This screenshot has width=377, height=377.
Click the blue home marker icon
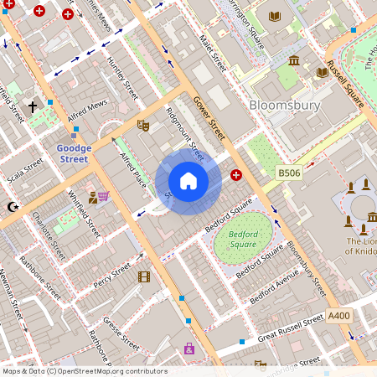188,181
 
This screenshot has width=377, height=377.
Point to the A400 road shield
338,315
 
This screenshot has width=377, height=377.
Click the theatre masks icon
143,125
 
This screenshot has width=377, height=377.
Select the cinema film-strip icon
143,276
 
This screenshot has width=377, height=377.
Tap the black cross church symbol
34,107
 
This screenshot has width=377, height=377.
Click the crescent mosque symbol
12,206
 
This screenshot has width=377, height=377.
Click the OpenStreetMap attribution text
84,371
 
